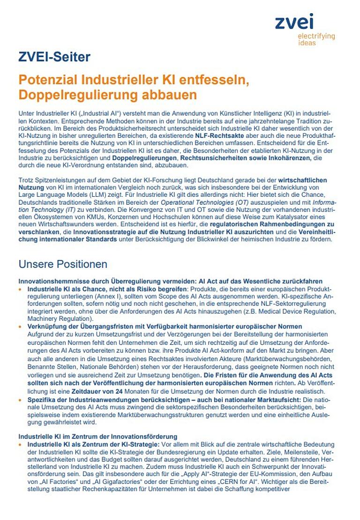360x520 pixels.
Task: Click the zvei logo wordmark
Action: click(294, 22)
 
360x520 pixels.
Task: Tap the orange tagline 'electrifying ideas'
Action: click(316, 39)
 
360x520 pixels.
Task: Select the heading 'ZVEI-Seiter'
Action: click(54, 58)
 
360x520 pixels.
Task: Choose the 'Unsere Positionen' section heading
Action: click(63, 264)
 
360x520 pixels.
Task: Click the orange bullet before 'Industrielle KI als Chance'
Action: click(20, 290)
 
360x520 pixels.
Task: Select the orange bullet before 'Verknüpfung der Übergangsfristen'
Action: click(20, 326)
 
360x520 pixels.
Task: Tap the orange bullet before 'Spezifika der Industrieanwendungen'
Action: click(20, 401)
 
